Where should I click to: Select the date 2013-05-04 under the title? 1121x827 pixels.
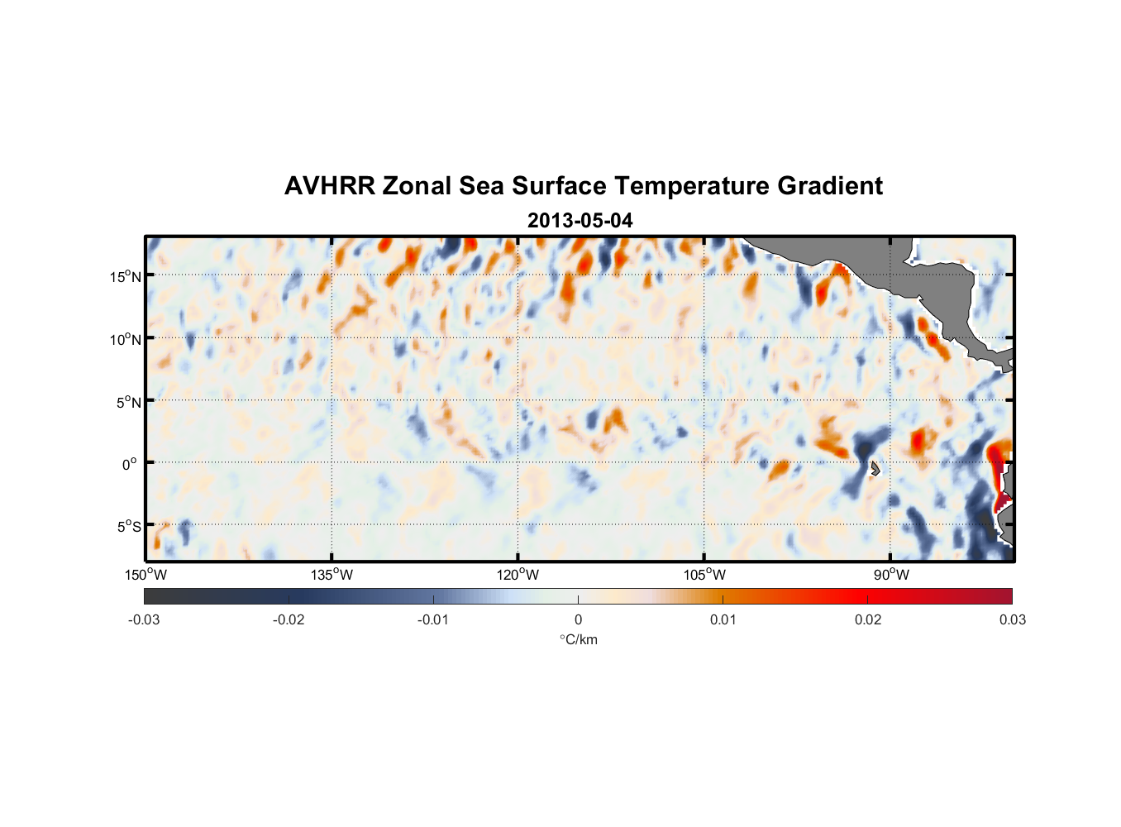tap(580, 221)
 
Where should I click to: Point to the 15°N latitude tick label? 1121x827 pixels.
tap(126, 276)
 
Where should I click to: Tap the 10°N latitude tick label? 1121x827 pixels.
tap(126, 339)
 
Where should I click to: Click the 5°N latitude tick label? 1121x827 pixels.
tap(128, 402)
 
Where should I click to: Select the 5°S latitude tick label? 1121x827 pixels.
tap(128, 527)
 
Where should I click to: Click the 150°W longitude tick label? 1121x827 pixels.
tap(145, 575)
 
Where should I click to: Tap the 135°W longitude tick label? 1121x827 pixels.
tap(332, 575)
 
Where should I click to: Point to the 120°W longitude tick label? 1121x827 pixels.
tap(518, 575)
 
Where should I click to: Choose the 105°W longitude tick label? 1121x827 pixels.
tap(704, 575)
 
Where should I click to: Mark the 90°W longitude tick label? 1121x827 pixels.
tap(891, 575)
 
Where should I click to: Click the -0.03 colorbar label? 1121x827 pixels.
tap(144, 619)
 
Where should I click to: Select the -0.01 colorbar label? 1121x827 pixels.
tap(433, 619)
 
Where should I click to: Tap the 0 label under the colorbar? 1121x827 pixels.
tap(578, 619)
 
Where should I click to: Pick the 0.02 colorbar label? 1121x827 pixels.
tap(868, 619)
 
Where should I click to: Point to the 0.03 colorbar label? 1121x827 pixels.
tap(1012, 619)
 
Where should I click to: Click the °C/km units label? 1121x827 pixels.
tap(578, 639)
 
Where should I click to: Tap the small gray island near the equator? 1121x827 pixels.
tap(875, 468)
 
